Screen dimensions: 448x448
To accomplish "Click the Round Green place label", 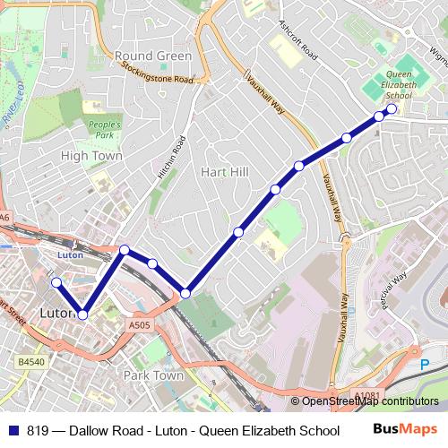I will (153, 56).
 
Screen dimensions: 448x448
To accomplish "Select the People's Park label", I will (105, 129).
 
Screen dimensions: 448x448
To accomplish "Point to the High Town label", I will (90, 155).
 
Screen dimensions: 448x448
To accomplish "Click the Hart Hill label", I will (223, 171).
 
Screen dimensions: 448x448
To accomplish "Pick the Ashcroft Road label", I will (298, 39).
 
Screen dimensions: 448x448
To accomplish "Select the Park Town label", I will (153, 375).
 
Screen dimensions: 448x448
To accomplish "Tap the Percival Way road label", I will (392, 291).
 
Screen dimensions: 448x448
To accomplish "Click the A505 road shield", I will (139, 326).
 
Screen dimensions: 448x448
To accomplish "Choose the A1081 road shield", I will (367, 395).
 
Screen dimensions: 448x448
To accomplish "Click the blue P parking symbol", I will (425, 364).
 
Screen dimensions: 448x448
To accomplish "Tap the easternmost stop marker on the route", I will (392, 109).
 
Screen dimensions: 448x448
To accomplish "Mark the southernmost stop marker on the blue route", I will (82, 314).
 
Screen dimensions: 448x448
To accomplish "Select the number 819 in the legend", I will (38, 430).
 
